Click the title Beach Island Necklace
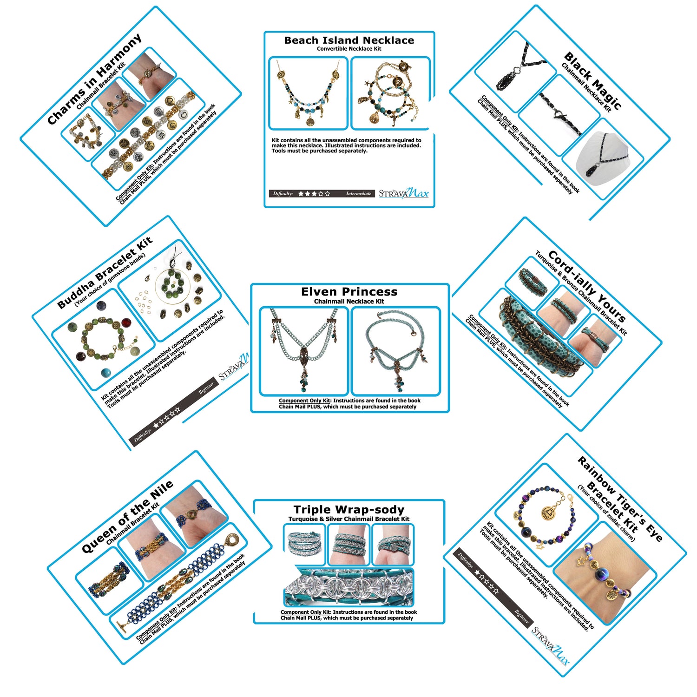coord(349,40)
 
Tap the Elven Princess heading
coord(349,292)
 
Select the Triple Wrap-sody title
coord(349,510)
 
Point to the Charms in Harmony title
coord(94,79)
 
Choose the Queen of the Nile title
coord(127,517)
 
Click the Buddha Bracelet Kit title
coord(105,273)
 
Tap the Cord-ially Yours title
coord(587,286)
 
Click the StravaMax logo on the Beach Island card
coord(403,193)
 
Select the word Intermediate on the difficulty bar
coord(359,193)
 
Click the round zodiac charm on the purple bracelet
coord(549,513)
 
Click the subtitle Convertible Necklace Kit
coord(349,49)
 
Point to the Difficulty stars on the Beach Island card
coord(314,193)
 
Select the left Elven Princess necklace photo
coord(304,351)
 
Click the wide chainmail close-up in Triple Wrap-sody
coord(348,587)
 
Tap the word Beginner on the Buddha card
coord(207,388)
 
